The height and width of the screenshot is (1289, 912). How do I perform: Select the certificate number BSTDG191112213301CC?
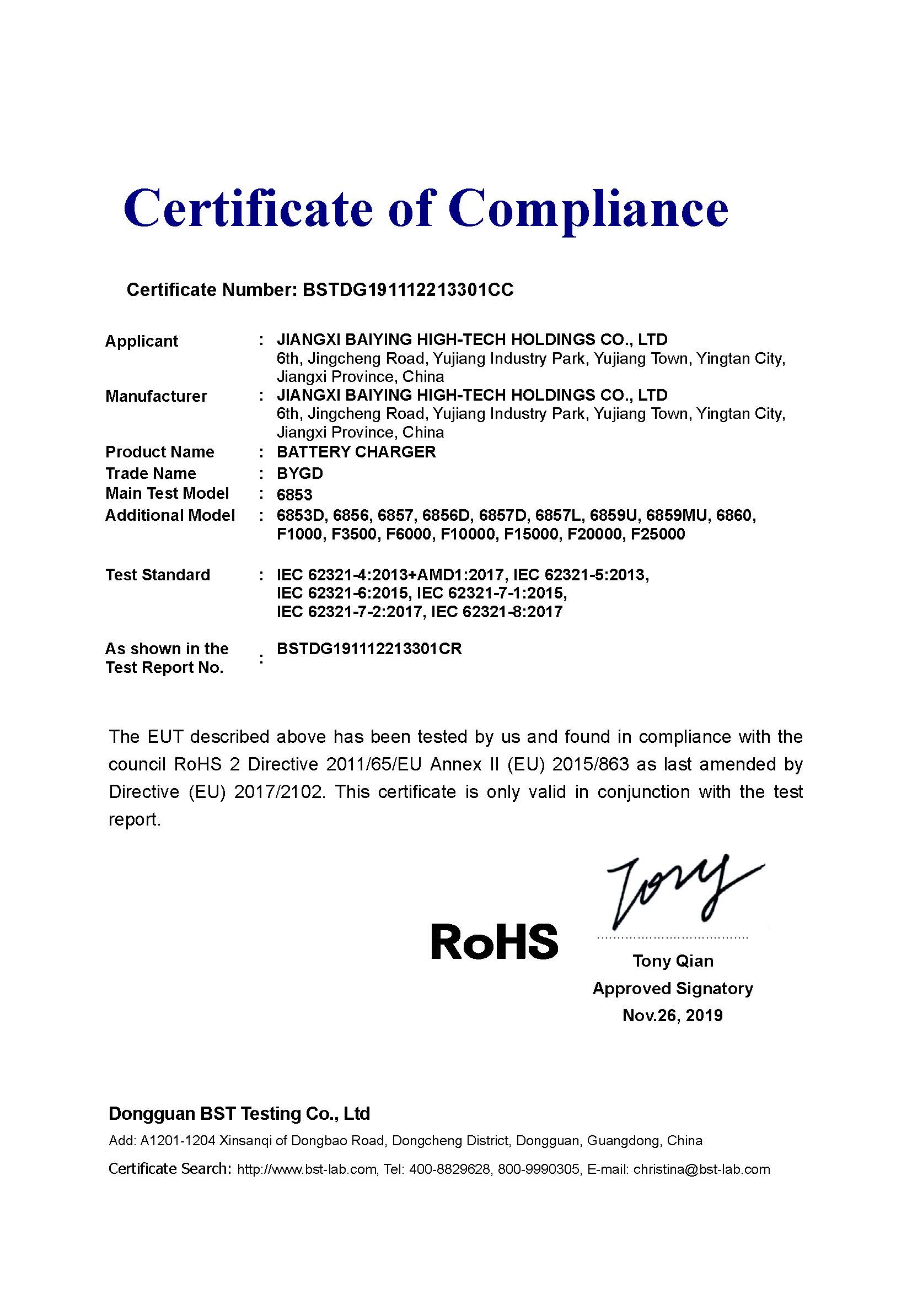tap(407, 290)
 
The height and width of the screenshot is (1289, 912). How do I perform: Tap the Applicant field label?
tap(142, 341)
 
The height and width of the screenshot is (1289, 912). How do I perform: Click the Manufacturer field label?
tap(156, 396)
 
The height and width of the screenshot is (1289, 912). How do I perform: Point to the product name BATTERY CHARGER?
tap(356, 451)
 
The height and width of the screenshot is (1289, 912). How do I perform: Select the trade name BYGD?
tap(300, 473)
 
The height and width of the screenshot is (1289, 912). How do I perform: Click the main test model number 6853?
tap(294, 494)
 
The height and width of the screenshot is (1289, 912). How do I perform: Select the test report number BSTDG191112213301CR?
tap(369, 649)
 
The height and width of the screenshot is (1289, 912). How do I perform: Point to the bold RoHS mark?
tap(493, 941)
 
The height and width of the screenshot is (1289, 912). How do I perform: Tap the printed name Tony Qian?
tap(673, 961)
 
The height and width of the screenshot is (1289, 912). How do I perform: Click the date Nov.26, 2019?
tap(672, 1015)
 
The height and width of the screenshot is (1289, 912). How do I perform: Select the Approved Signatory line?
tap(672, 988)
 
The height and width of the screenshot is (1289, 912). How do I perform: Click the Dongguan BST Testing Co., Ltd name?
tap(239, 1113)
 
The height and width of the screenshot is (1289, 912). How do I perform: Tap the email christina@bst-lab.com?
tap(701, 1169)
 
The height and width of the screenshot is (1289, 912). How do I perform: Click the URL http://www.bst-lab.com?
tap(307, 1169)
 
